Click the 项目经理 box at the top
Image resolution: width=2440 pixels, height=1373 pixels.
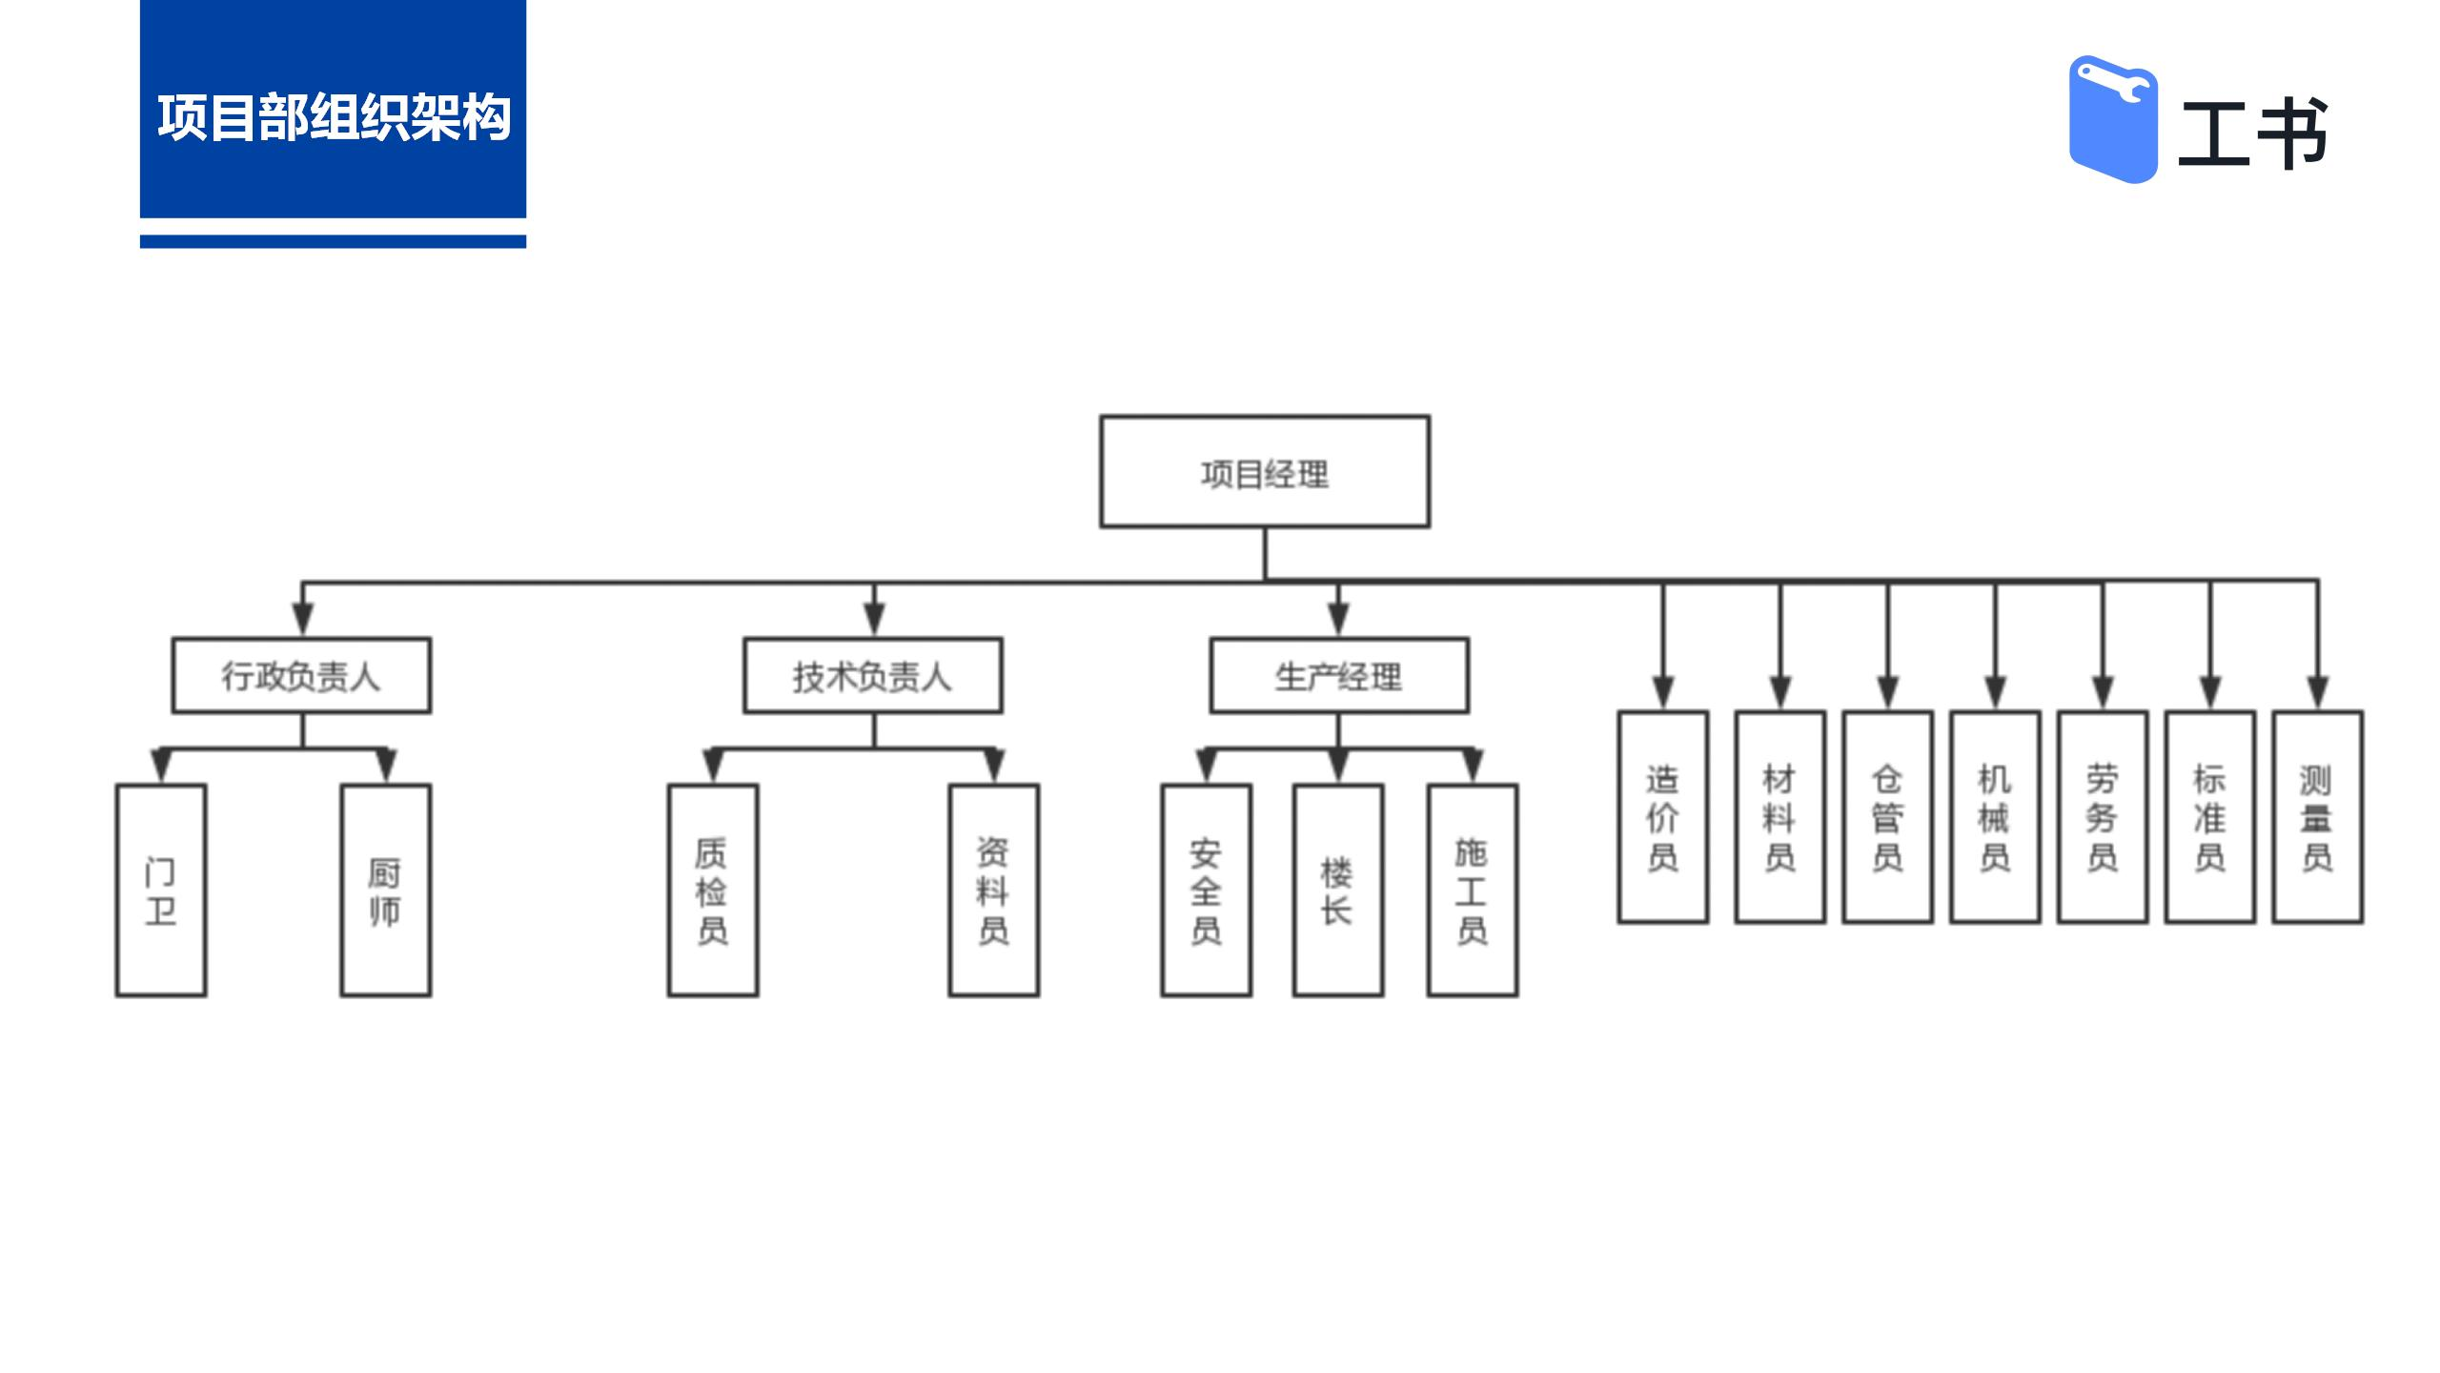pyautogui.click(x=1265, y=471)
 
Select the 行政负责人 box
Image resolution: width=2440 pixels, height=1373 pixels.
pyautogui.click(x=301, y=676)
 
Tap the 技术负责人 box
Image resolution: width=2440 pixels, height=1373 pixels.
pyautogui.click(x=873, y=676)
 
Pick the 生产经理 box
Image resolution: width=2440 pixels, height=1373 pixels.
pyautogui.click(x=1339, y=676)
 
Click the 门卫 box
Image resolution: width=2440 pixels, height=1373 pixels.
pyautogui.click(x=161, y=891)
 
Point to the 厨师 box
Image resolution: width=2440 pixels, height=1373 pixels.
pyautogui.click(x=386, y=891)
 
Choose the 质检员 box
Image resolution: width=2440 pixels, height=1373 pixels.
pyautogui.click(x=713, y=891)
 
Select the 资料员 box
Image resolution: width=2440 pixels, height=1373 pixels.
pyautogui.click(x=994, y=891)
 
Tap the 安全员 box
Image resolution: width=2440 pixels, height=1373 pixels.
pyautogui.click(x=1207, y=891)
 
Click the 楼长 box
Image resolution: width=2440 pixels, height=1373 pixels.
pyautogui.click(x=1338, y=891)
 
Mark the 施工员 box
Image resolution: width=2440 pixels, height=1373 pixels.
pyautogui.click(x=1473, y=891)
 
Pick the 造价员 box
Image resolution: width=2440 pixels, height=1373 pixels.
pyautogui.click(x=1663, y=817)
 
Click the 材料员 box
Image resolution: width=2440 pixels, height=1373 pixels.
pyautogui.click(x=1780, y=817)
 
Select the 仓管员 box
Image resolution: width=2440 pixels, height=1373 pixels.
pyautogui.click(x=1888, y=817)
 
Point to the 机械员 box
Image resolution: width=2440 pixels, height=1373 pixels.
pyautogui.click(x=1996, y=817)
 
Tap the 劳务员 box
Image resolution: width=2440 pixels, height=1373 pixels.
pyautogui.click(x=2103, y=817)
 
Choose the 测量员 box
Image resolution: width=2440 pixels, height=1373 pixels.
pyautogui.click(x=2318, y=817)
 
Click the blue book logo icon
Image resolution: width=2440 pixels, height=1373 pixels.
pyautogui.click(x=2113, y=119)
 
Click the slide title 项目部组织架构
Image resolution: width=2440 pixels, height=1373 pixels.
pyautogui.click(x=334, y=118)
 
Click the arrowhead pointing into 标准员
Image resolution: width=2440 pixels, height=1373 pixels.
pyautogui.click(x=2211, y=693)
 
